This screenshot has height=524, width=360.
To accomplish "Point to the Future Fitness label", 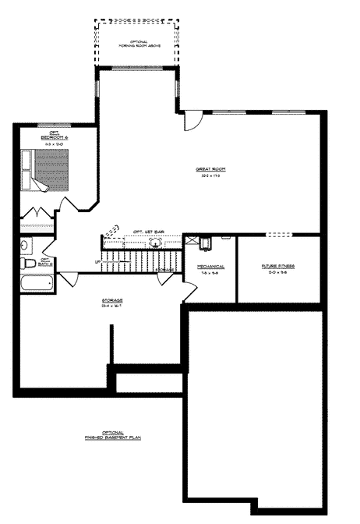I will pos(277,267).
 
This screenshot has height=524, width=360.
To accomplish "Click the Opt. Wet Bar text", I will pos(147,232).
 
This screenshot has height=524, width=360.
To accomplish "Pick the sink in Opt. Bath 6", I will pos(24,246).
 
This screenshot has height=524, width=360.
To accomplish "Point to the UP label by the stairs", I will pos(98,261).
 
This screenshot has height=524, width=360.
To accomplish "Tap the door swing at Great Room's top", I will pos(192,121).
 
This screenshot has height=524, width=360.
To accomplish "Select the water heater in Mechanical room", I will pos(205,242).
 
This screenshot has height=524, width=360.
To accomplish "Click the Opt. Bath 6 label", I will pos(44,261).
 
